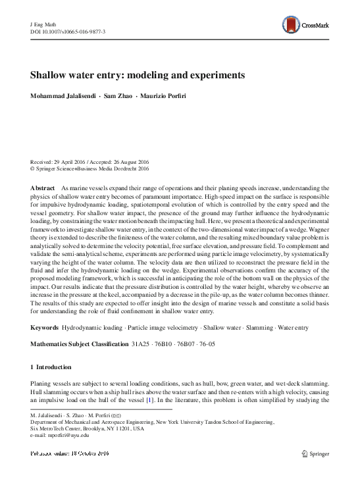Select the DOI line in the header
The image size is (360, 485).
[x=68, y=31]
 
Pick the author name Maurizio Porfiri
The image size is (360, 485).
[x=163, y=97]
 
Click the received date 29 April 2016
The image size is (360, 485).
[x=74, y=162]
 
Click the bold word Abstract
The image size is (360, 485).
[x=43, y=188]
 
